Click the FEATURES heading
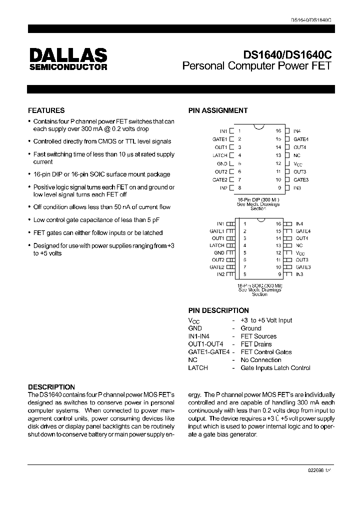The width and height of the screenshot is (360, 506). click(46, 110)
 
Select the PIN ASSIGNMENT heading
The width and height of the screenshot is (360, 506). click(217, 110)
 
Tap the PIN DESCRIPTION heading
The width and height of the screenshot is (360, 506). click(218, 310)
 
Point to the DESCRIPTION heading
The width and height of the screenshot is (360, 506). click(51, 387)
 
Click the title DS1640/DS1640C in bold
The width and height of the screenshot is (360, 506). click(287, 55)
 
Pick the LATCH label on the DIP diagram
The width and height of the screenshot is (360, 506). click(220, 155)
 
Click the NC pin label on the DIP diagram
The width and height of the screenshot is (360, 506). click(297, 155)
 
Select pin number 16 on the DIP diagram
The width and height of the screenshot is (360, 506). click(278, 131)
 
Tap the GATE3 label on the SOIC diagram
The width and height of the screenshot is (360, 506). click(303, 267)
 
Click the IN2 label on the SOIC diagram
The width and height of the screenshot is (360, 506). click(221, 274)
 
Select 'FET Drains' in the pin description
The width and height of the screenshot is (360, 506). click(256, 344)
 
